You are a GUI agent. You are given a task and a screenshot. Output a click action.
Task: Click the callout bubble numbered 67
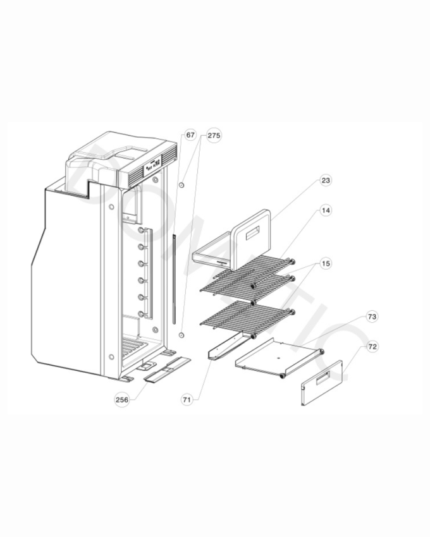pos(190,135)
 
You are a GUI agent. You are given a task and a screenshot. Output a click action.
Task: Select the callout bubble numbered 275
pos(214,136)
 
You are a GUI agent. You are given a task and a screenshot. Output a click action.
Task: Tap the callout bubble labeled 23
pos(326,180)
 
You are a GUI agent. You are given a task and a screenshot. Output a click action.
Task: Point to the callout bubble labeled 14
pos(326,210)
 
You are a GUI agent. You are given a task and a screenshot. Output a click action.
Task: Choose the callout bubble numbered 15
pos(326,263)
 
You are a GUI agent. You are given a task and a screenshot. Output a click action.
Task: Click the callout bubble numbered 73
pos(372,317)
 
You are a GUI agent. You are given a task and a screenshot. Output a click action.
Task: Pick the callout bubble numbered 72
pos(372,347)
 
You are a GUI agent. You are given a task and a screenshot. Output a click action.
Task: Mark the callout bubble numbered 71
pos(187,400)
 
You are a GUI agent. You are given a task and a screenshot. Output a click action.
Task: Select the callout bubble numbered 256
pos(122,400)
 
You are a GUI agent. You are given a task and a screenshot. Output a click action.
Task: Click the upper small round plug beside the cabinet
pos(181,185)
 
